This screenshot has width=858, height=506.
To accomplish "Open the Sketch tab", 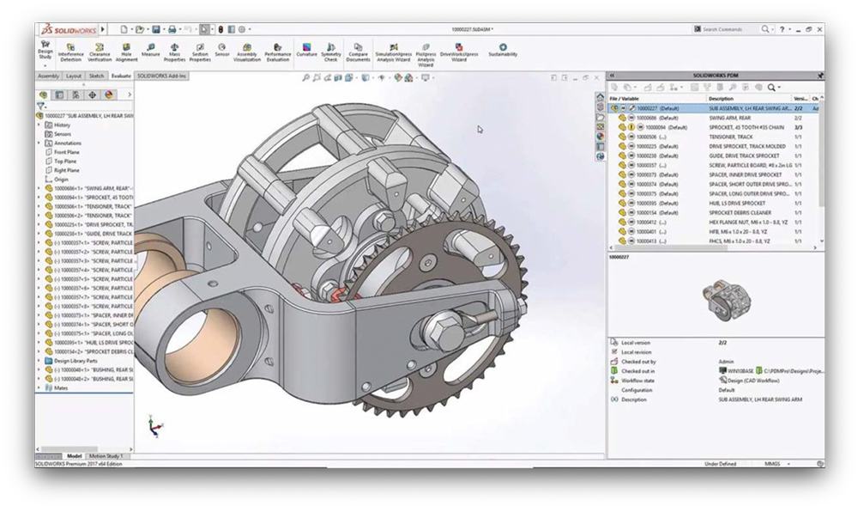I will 97,76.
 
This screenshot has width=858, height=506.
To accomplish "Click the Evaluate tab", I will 121,76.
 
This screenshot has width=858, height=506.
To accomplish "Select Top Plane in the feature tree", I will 66,161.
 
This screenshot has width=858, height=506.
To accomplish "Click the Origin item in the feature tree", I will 61,179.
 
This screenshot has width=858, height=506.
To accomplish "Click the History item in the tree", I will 62,125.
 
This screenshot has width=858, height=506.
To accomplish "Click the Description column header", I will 721,99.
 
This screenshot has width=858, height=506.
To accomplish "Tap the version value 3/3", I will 799,127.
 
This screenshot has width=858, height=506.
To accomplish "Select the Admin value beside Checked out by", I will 727,361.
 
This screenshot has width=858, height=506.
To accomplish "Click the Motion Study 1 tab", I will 107,456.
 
